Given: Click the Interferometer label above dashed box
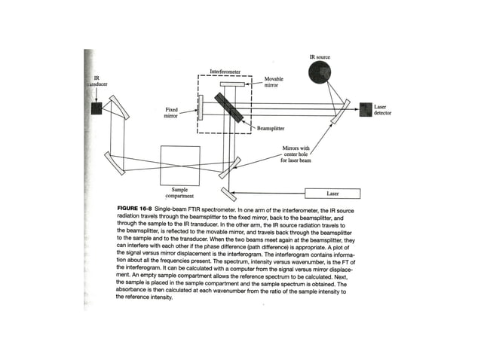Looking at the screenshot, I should pos(225,72).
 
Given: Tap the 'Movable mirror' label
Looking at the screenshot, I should pos(274,82).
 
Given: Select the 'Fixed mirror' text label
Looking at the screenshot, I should pos(172,113).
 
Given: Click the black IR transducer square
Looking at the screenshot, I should pos(97,108).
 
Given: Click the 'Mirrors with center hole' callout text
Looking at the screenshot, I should pos(291,154).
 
